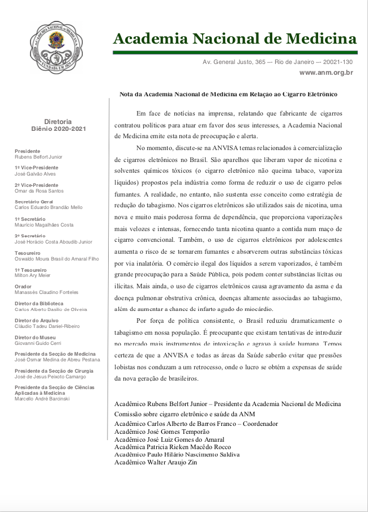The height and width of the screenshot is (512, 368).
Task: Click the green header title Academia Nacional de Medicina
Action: click(235, 39)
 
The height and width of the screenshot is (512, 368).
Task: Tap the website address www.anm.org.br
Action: click(326, 72)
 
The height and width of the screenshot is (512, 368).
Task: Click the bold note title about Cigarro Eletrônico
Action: click(228, 93)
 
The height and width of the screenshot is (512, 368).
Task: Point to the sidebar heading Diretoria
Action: click(58, 122)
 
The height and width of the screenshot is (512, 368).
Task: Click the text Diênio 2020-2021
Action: click(58, 129)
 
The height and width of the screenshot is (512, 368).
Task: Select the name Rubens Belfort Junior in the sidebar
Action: click(38, 157)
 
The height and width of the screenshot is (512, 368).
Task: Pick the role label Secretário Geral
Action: click(34, 202)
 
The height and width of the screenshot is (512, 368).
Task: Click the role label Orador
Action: click(23, 287)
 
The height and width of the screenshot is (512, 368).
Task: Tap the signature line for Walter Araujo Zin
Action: click(156, 462)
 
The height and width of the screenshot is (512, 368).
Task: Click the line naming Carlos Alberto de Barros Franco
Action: click(196, 424)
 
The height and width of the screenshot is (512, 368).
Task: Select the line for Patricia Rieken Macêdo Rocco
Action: click(176, 447)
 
